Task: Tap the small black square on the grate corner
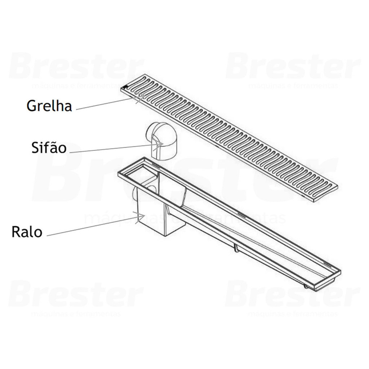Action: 124,87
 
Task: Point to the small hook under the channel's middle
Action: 236,248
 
